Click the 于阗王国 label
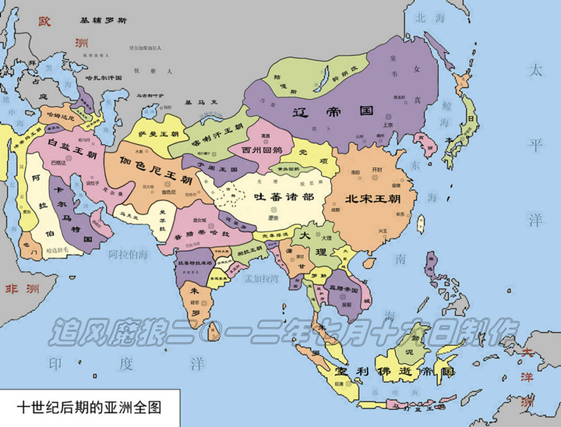tap(217, 166)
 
